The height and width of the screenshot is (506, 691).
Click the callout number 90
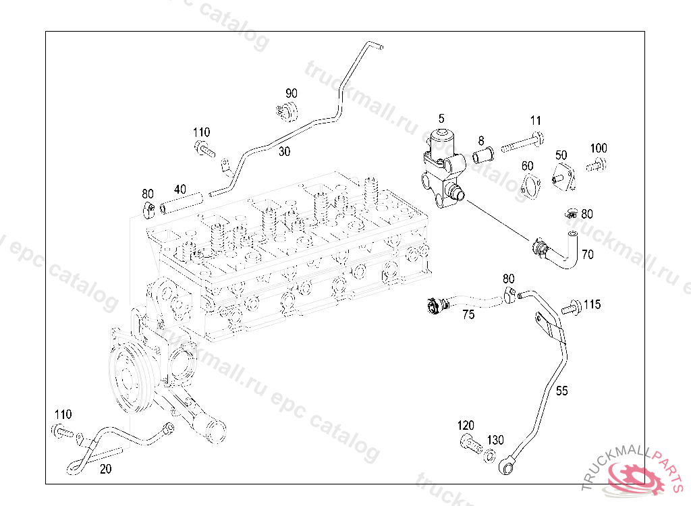(x=292, y=94)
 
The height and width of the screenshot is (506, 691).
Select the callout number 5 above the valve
(x=441, y=119)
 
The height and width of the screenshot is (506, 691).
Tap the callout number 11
(x=535, y=120)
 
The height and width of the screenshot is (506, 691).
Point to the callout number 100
(x=599, y=148)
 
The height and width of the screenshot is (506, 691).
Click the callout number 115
(x=592, y=304)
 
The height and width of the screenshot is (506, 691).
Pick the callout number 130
(x=495, y=440)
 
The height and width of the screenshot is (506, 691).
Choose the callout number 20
(x=106, y=469)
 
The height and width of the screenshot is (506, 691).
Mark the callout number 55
(x=562, y=391)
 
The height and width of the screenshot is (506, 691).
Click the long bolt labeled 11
(x=522, y=142)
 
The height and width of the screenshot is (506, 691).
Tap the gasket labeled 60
(x=531, y=186)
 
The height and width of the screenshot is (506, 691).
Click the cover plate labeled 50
(x=563, y=177)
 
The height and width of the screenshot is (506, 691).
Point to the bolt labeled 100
(x=597, y=166)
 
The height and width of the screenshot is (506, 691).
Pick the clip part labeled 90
(x=287, y=111)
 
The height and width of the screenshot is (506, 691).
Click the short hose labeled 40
(x=181, y=202)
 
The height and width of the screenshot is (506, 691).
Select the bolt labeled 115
(x=572, y=307)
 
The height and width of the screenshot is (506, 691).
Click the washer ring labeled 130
(x=489, y=456)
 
